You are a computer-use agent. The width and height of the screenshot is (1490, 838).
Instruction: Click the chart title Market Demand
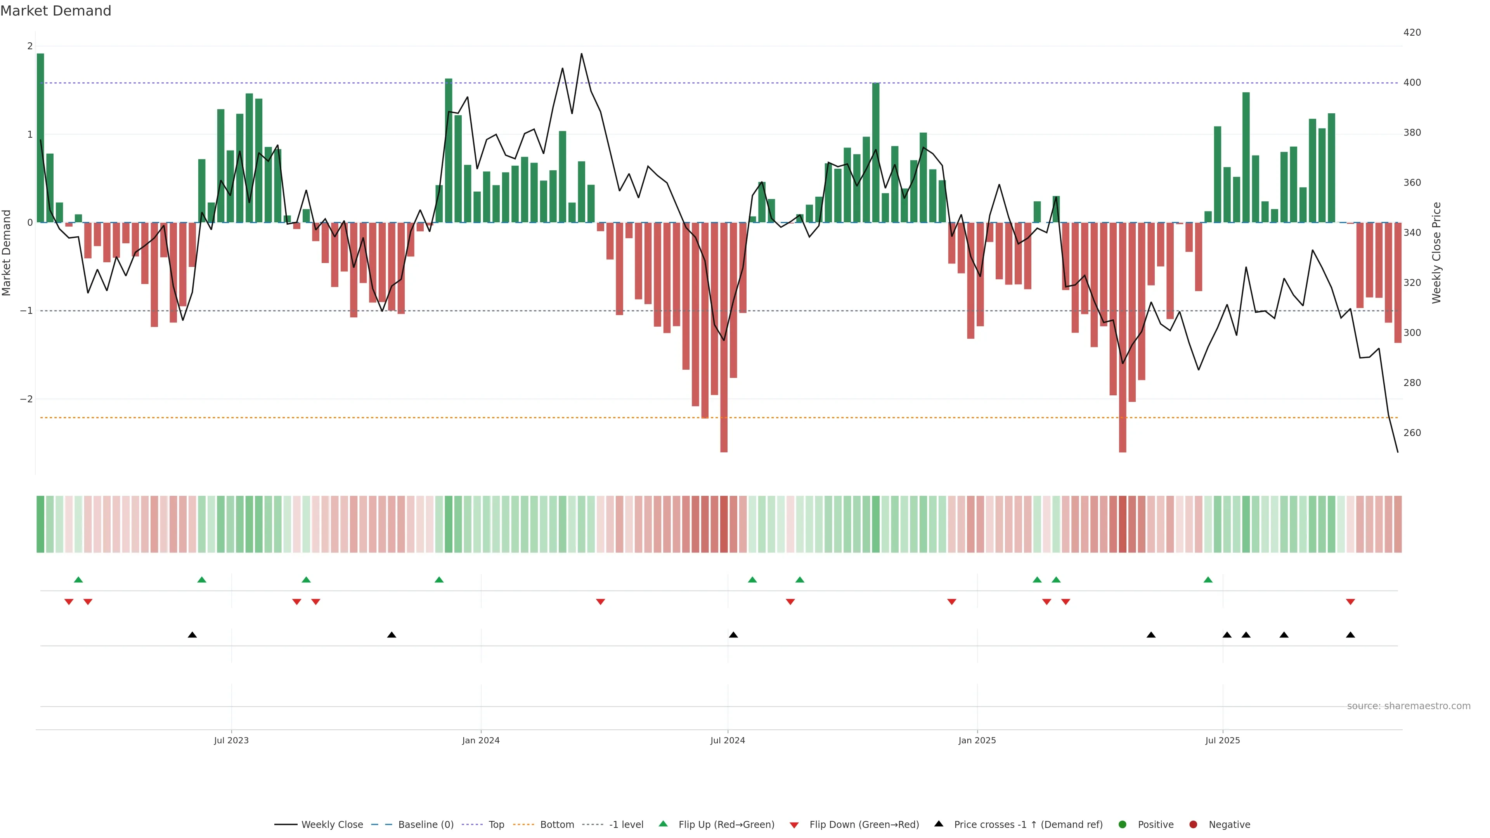click(55, 11)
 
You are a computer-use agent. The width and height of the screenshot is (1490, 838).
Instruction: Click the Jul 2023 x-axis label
click(231, 740)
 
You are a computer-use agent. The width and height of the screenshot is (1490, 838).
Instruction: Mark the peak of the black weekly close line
click(581, 54)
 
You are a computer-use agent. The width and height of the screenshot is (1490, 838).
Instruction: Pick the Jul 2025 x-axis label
click(1222, 740)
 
